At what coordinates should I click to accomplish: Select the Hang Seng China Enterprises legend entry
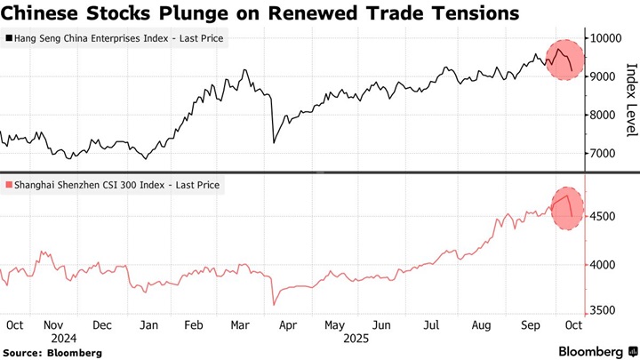pyautogui.click(x=116, y=39)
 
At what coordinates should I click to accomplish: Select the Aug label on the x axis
pyautogui.click(x=482, y=325)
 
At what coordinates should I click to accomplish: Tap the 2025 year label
pyautogui.click(x=356, y=339)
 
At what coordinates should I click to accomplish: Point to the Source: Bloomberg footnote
pyautogui.click(x=53, y=353)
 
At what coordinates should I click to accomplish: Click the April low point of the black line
pyautogui.click(x=273, y=142)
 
